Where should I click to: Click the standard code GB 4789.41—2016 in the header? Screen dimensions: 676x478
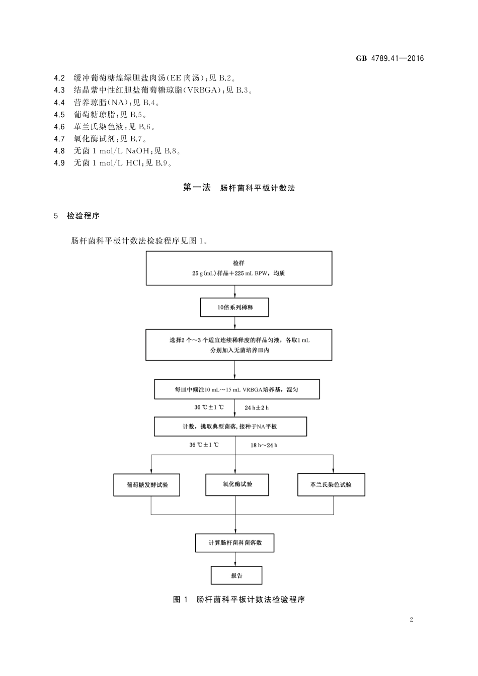pyautogui.click(x=390, y=58)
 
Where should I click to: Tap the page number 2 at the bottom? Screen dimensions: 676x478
pyautogui.click(x=411, y=619)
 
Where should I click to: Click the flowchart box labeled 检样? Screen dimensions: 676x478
pyautogui.click(x=239, y=268)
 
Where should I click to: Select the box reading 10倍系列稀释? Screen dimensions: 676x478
pyautogui.click(x=234, y=307)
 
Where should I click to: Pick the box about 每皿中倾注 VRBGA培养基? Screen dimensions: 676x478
pyautogui.click(x=236, y=389)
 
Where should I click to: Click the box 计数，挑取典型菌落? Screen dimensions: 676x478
pyautogui.click(x=230, y=427)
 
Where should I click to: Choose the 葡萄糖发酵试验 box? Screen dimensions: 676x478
pyautogui.click(x=146, y=485)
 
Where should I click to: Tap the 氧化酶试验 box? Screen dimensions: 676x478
pyautogui.click(x=237, y=484)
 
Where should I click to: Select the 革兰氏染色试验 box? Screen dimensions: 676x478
pyautogui.click(x=331, y=485)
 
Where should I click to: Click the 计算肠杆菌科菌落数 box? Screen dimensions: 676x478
pyautogui.click(x=235, y=543)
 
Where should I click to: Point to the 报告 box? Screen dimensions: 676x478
pyautogui.click(x=236, y=575)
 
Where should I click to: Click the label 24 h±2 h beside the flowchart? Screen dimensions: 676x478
pyautogui.click(x=257, y=407)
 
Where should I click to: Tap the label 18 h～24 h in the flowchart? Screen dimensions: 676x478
pyautogui.click(x=264, y=445)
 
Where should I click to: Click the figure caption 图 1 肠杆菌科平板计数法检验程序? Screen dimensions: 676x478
pyautogui.click(x=239, y=600)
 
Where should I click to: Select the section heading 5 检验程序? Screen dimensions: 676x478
pyautogui.click(x=76, y=216)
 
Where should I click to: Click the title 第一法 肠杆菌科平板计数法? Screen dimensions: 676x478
pyautogui.click(x=239, y=188)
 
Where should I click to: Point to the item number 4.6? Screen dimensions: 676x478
pyautogui.click(x=59, y=127)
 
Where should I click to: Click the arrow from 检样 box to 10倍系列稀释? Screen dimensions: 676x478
pyautogui.click(x=234, y=292)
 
